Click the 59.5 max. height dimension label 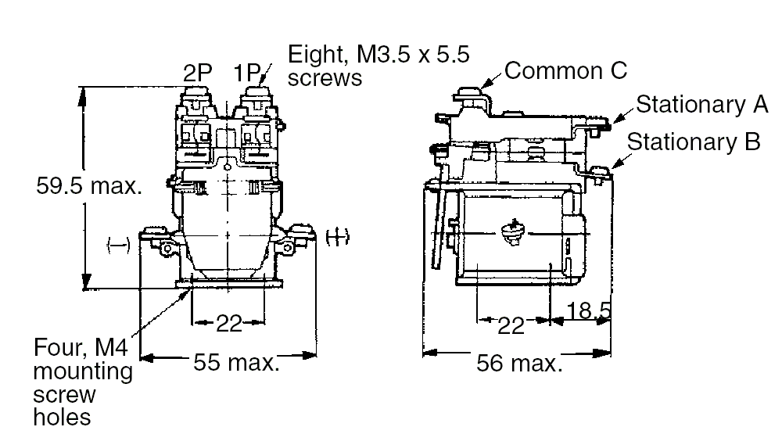click(x=89, y=187)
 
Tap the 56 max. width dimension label click(x=518, y=364)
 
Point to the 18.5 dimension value click(x=587, y=311)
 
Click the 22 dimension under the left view click(x=229, y=323)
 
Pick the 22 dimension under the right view click(x=511, y=325)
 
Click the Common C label click(x=565, y=70)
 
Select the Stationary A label click(x=701, y=105)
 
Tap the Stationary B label click(x=694, y=142)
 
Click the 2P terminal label click(x=199, y=74)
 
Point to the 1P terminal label click(x=249, y=74)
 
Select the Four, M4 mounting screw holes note click(x=82, y=381)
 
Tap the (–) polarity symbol click(x=117, y=246)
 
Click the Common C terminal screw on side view click(x=468, y=91)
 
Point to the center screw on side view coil click(x=511, y=234)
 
